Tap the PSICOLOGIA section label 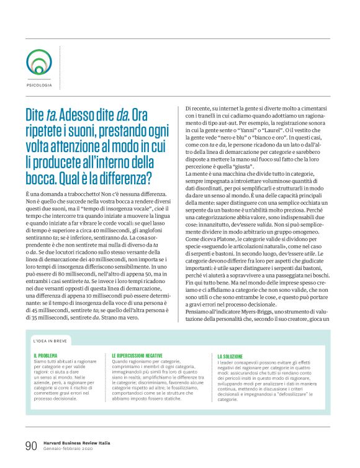(x=40, y=84)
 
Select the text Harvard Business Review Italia (x=76, y=442)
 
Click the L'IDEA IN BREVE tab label (x=50, y=341)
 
